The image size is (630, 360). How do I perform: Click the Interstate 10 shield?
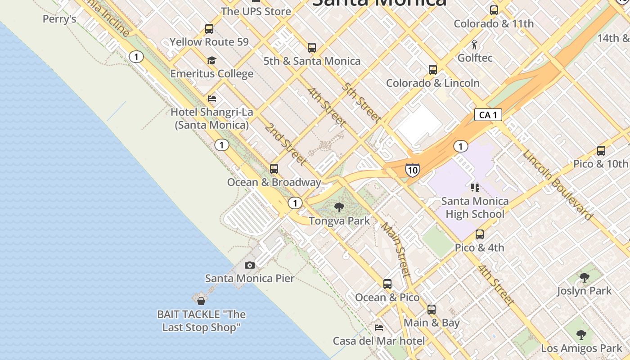(x=412, y=170)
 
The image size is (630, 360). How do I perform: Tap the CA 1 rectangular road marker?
(x=488, y=115)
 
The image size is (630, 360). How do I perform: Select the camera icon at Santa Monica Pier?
(x=250, y=265)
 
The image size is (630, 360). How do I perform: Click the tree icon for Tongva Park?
(x=339, y=207)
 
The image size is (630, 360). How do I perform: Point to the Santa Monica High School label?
(x=475, y=207)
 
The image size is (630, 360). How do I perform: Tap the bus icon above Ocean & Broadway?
(x=274, y=169)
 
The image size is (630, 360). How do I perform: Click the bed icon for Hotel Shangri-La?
(x=212, y=99)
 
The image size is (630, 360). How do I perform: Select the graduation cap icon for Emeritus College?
(x=211, y=60)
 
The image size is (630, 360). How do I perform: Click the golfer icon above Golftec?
(x=474, y=45)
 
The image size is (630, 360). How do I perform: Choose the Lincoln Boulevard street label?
(x=557, y=184)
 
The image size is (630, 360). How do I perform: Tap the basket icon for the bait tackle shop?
(x=201, y=301)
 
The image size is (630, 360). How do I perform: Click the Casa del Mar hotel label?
(x=379, y=341)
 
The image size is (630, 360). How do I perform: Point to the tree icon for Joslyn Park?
(x=584, y=278)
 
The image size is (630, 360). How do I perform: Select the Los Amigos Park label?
(x=581, y=348)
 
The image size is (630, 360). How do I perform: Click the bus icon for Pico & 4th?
(x=480, y=234)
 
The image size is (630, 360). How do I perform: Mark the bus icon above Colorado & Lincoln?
(x=433, y=70)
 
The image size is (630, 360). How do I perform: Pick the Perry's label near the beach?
(x=59, y=19)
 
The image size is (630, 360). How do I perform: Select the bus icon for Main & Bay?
(x=432, y=310)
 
